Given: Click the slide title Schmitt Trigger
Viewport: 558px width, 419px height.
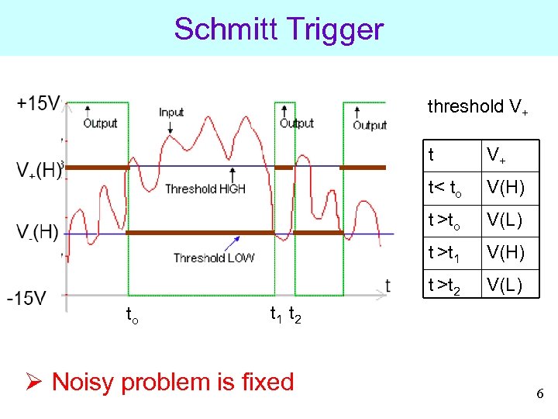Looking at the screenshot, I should (x=279, y=29).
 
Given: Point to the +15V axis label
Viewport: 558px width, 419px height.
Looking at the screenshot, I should (x=38, y=103).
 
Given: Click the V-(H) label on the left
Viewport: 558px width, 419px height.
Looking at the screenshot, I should (x=37, y=232).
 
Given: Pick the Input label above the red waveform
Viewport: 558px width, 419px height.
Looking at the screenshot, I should (x=171, y=113).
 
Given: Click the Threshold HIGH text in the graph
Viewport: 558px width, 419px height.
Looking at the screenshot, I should (x=205, y=189).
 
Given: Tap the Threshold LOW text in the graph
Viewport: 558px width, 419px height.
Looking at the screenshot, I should (x=213, y=258).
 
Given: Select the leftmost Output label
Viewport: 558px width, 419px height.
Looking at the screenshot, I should (x=100, y=123).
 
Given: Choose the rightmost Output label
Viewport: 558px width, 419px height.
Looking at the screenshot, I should (x=370, y=125).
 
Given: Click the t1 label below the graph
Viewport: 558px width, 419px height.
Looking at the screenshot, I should (x=275, y=314).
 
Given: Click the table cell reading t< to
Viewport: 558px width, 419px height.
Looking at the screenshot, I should (x=445, y=189).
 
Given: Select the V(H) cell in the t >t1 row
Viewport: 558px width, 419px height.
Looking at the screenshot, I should (x=505, y=253).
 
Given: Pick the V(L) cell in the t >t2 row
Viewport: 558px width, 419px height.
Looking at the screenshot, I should (x=505, y=286).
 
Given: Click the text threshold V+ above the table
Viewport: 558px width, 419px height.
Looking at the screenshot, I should (x=477, y=108).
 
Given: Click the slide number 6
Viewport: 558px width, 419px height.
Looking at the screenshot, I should (x=539, y=394).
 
